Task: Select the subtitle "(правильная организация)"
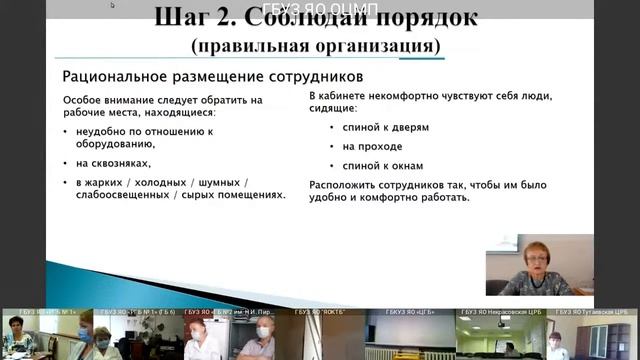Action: [319, 45]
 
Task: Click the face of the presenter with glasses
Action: [527, 256]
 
